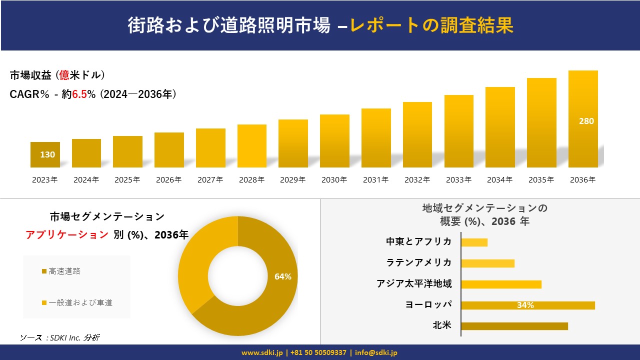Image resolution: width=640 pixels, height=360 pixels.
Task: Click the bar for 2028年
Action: click(251, 146)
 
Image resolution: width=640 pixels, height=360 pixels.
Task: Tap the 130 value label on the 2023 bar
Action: click(47, 154)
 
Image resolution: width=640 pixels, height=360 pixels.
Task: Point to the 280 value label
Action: click(586, 121)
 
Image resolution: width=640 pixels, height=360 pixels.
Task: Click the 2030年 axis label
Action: click(334, 180)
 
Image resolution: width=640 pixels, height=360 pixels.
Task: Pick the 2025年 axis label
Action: click(127, 180)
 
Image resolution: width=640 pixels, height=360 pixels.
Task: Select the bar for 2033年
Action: click(458, 131)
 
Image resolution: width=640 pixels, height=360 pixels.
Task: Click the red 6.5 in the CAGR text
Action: click(80, 94)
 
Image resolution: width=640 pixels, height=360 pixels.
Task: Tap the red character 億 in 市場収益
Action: click(64, 75)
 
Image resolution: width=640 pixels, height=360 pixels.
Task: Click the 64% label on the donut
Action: click(283, 276)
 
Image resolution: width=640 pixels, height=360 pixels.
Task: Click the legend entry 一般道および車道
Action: click(80, 302)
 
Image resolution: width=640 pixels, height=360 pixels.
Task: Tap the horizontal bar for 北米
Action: click(514, 326)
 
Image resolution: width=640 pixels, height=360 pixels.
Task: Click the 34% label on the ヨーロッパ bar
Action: click(525, 305)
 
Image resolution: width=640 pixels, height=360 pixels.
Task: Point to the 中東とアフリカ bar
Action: click(474, 242)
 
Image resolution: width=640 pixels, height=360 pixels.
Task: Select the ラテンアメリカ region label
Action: click(418, 262)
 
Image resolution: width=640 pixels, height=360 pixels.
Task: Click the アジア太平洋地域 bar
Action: click(501, 284)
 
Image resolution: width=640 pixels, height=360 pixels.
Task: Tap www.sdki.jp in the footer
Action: click(262, 353)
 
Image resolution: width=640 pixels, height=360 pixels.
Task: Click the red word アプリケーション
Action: click(67, 235)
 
